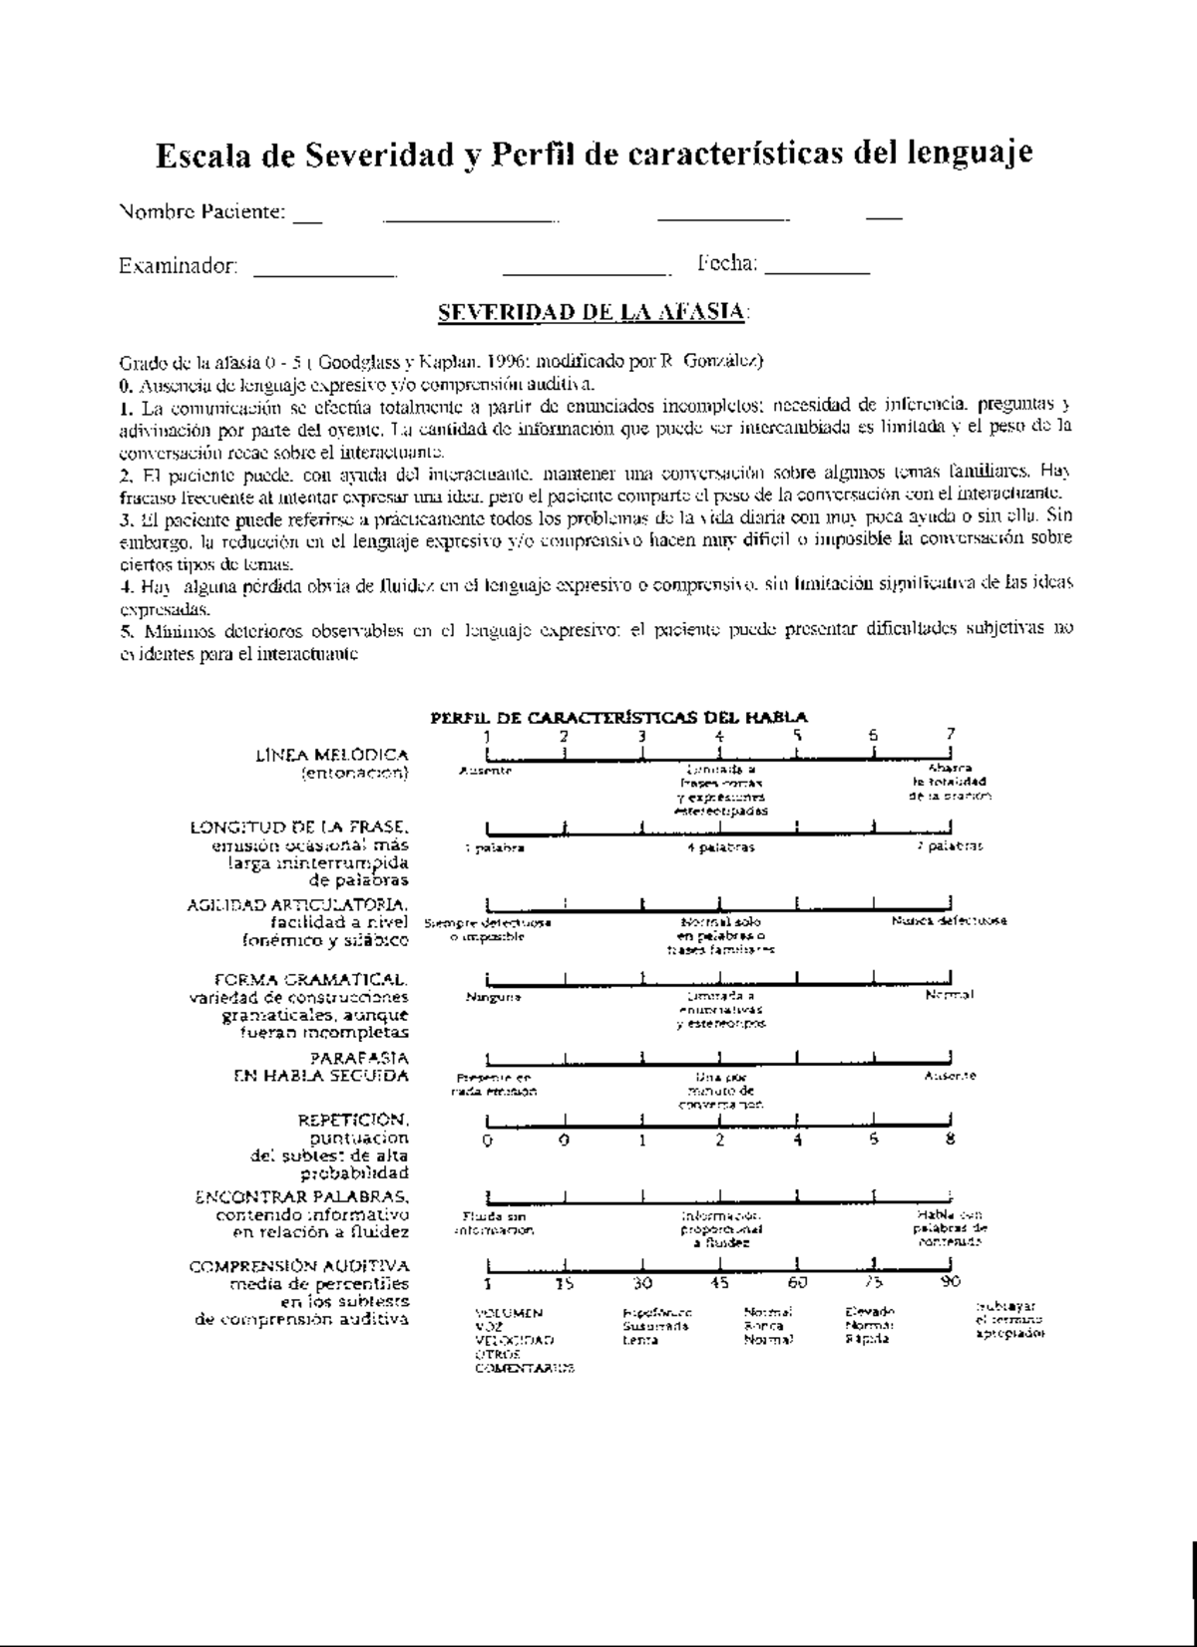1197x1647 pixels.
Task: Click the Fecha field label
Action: coord(727,264)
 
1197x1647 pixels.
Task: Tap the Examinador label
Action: coord(179,266)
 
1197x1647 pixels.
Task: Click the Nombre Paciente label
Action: coord(203,211)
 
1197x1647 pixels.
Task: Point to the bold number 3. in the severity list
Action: coord(125,518)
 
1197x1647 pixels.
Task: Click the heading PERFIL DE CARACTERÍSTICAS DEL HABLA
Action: coord(618,716)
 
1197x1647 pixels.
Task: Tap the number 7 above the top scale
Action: coord(951,734)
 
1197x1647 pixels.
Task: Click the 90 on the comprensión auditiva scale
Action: coord(950,1282)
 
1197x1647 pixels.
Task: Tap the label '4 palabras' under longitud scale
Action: coord(720,847)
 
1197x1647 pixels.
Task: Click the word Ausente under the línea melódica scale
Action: coord(487,771)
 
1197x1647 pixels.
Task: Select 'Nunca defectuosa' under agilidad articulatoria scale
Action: coord(949,921)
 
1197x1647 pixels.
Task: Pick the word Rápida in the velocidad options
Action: coord(864,1340)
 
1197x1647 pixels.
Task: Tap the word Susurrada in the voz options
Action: coord(655,1326)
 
